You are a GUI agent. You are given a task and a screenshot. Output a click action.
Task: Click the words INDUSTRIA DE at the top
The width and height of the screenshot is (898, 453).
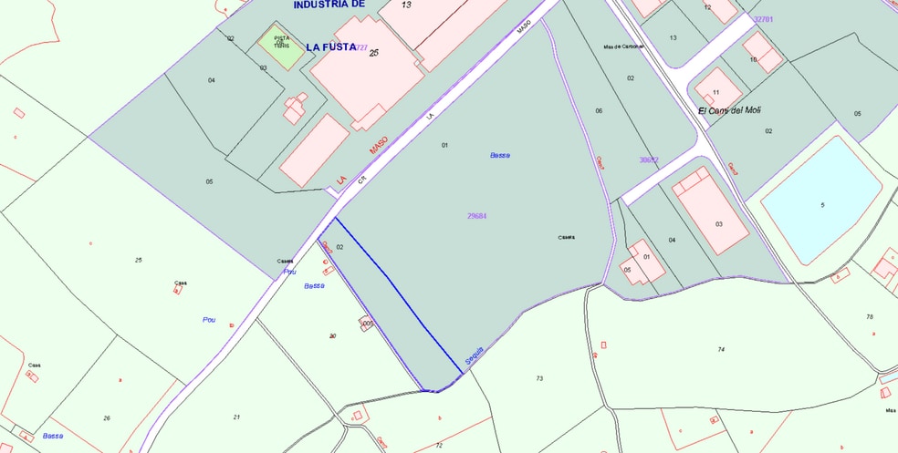pos(329,5)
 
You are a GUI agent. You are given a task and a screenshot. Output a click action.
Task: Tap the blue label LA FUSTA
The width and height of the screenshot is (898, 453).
pos(331,46)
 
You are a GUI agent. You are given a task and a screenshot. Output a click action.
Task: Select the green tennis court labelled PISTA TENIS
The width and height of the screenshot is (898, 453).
pos(281,44)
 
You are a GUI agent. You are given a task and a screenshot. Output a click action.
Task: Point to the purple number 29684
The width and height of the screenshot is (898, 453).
pos(476,216)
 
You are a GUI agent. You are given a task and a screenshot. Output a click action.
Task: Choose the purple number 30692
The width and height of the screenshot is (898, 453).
pos(648,160)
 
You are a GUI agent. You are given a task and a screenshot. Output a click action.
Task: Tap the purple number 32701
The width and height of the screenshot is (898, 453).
pos(763,19)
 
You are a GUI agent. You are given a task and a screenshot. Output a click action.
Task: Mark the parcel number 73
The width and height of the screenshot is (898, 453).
pos(539,378)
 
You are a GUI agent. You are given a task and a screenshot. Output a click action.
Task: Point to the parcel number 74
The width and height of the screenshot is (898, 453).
pos(721,349)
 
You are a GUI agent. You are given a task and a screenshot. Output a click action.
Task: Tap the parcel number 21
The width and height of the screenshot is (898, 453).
pos(236,417)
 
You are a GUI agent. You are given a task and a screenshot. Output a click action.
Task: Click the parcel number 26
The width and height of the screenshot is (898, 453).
pos(107,418)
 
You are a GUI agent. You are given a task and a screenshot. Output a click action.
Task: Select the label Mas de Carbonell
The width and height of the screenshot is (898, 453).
pos(623,46)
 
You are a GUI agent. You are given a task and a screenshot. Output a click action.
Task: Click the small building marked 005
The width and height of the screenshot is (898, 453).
pos(368,324)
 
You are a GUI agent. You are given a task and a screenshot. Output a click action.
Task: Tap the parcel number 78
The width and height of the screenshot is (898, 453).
pos(870,316)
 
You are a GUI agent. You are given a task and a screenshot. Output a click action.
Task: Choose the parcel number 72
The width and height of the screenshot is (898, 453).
pos(439,445)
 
